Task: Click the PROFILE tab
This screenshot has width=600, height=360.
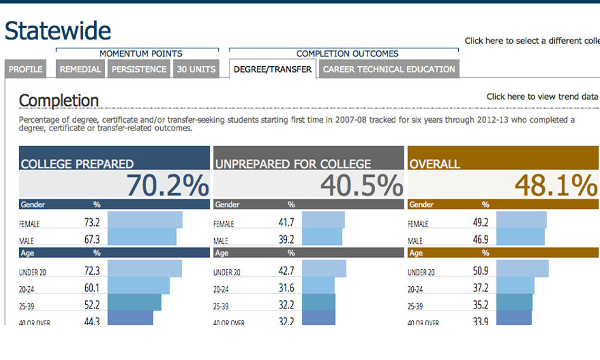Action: [25, 69]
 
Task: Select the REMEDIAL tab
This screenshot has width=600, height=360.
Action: [81, 69]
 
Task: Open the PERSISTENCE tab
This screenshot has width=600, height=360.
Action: [139, 69]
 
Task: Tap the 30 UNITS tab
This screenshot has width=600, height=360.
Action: [196, 69]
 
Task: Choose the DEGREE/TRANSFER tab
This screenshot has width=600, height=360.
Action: [273, 69]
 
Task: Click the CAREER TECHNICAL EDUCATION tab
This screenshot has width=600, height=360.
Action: [389, 69]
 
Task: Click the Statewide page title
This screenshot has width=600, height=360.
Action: [58, 31]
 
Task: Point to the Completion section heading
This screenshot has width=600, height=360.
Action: [58, 100]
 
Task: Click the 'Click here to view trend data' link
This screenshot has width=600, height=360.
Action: [542, 97]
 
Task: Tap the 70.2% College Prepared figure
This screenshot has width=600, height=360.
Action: [167, 185]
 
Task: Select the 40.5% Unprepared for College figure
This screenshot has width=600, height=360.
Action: [361, 185]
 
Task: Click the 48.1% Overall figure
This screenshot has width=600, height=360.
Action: [556, 185]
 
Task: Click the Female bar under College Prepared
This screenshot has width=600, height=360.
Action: [145, 220]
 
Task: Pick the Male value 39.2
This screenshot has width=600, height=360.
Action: [287, 240]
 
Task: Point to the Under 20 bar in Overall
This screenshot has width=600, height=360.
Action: [522, 268]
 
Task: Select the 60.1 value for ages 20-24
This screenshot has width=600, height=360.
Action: [92, 288]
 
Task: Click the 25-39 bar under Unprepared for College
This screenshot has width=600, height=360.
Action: [318, 302]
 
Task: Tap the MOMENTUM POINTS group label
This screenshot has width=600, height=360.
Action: [140, 54]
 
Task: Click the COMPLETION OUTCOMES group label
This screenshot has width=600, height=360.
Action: [347, 54]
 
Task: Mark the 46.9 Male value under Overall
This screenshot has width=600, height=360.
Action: [481, 240]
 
